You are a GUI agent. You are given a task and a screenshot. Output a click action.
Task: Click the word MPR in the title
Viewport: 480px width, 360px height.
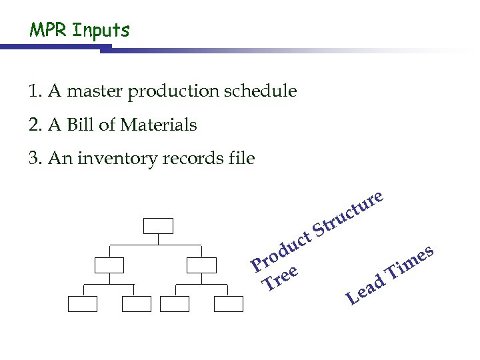[x=47, y=30]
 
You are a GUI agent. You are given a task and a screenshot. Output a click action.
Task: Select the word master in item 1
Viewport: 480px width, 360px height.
[x=93, y=91]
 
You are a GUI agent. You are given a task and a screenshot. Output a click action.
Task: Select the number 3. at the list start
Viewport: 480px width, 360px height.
[x=35, y=159]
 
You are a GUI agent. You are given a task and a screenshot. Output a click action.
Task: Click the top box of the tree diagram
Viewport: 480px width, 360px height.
[x=158, y=226]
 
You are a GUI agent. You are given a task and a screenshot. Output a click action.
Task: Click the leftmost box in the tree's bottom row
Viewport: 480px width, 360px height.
[x=82, y=304]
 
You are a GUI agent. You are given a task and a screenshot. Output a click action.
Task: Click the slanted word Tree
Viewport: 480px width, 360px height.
[x=279, y=279]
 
